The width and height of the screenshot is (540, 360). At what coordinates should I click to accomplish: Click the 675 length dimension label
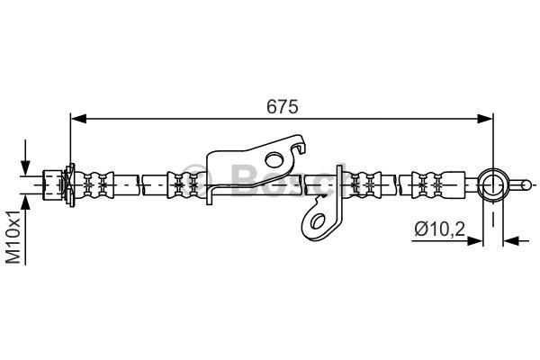coord(282,107)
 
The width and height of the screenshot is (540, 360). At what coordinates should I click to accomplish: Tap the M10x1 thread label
coord(14,237)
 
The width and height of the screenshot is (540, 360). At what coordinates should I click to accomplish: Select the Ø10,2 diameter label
coord(440,229)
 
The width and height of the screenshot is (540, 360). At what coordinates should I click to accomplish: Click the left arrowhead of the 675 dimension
coord(78,119)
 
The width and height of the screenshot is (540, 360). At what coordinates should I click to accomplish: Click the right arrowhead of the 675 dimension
coord(485,119)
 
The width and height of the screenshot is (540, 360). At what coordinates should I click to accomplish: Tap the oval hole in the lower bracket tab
coord(317,220)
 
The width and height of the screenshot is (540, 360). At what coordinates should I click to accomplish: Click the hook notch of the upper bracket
coord(299,148)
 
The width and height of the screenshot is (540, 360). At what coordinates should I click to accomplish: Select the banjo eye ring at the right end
coord(493,185)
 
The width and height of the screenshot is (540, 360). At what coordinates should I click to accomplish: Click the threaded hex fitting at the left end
coord(52,185)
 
